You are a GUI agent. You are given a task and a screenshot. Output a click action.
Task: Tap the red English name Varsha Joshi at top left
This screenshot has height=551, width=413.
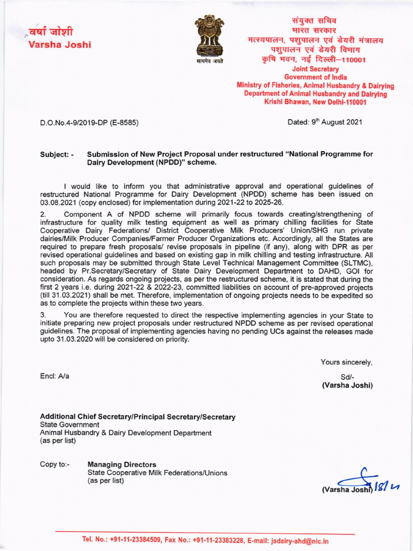59,44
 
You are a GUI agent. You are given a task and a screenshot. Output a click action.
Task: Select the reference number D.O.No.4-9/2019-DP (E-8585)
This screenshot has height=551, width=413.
89,123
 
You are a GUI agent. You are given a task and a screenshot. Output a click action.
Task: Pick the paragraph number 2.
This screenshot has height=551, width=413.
44,215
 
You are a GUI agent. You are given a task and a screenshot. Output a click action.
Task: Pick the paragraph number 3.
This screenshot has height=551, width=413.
44,315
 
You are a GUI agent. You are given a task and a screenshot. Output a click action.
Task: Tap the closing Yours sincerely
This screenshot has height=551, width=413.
346,362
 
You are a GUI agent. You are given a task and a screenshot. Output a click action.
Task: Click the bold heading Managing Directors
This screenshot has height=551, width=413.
122,464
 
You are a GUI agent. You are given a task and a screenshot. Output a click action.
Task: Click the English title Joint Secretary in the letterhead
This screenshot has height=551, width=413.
315,69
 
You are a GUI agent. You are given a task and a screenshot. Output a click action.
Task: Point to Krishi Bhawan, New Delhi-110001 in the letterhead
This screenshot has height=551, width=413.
315,101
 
